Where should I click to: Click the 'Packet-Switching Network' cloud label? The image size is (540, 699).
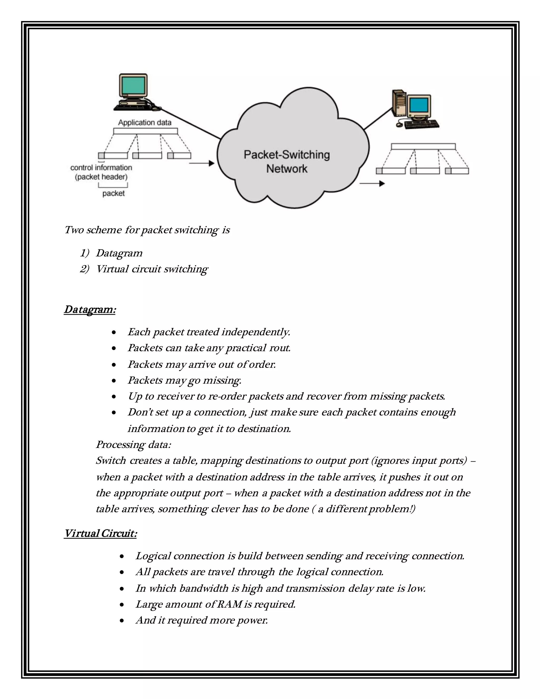(287, 162)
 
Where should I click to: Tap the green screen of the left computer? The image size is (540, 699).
(133, 85)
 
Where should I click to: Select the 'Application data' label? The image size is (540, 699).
(144, 123)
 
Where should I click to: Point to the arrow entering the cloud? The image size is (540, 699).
(201, 163)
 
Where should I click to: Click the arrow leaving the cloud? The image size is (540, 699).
(372, 184)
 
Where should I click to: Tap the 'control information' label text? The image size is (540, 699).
(101, 168)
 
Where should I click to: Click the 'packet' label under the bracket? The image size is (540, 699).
(113, 193)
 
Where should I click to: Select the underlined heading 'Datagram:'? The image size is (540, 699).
(90, 309)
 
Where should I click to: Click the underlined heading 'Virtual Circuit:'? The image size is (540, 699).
(100, 534)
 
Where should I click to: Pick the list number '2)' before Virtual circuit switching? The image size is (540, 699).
(84, 269)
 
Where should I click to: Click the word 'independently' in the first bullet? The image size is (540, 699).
(255, 332)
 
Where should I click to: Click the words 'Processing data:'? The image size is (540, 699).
(133, 444)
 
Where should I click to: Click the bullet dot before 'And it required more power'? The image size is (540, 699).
(122, 621)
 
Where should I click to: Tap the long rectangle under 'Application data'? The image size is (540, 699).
(145, 131)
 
